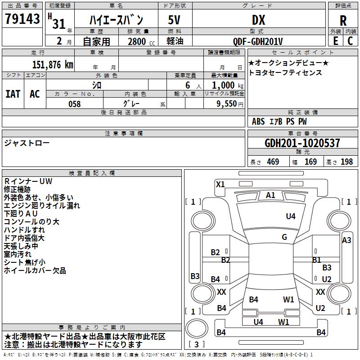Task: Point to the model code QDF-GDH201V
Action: click(x=258, y=41)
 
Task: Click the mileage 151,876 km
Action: click(x=52, y=64)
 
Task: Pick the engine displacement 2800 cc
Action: click(x=137, y=41)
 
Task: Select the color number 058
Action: click(x=74, y=103)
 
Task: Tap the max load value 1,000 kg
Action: click(x=226, y=85)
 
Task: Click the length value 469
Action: click(x=272, y=162)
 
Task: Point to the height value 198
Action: click(x=346, y=162)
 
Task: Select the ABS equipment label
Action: click(x=258, y=121)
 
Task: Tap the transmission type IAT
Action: click(x=13, y=94)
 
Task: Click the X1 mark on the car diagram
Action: click(x=220, y=184)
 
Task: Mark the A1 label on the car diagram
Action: click(x=270, y=195)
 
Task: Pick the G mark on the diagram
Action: click(x=284, y=237)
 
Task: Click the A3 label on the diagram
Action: click(x=346, y=240)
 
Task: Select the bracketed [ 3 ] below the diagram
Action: click(x=196, y=345)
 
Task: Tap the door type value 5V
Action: click(x=174, y=20)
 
